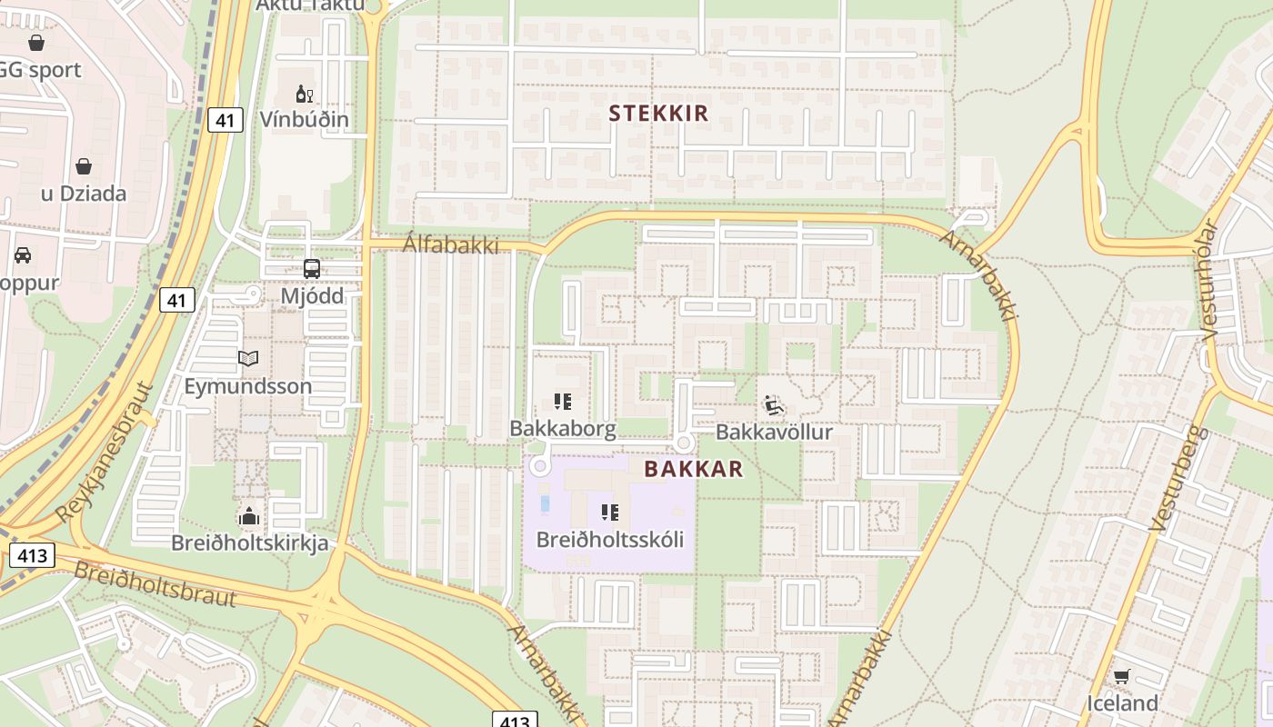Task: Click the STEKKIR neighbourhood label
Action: pos(658,113)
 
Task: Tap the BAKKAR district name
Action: pos(694,469)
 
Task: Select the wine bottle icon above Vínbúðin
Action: pos(304,94)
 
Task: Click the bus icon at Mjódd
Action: pos(312,269)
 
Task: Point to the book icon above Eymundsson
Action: pos(248,358)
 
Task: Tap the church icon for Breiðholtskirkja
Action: pos(249,517)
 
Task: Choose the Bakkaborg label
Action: pos(563,428)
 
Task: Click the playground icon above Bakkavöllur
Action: pos(774,405)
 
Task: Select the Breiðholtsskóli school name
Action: pos(609,539)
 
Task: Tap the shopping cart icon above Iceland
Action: pos(1121,677)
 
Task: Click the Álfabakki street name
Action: pos(451,244)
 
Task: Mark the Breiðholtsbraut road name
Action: pos(155,584)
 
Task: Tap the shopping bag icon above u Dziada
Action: pos(84,166)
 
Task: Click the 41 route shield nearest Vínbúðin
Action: pos(226,119)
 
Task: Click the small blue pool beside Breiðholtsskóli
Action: pos(545,503)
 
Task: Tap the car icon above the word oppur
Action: pos(23,255)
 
